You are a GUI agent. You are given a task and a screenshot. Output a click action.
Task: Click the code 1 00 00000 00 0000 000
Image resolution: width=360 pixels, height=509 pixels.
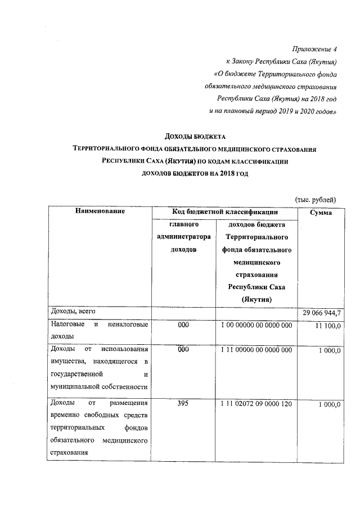(x=256, y=325)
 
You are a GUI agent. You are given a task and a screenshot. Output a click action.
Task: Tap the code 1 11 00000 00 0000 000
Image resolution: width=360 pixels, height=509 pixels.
(x=256, y=350)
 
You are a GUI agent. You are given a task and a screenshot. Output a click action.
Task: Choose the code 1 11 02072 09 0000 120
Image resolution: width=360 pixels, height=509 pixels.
(x=256, y=404)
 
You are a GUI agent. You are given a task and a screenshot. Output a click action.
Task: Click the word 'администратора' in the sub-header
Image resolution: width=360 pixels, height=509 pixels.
(x=184, y=237)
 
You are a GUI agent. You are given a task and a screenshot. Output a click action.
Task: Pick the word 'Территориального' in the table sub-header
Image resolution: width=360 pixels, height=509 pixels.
(x=256, y=237)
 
